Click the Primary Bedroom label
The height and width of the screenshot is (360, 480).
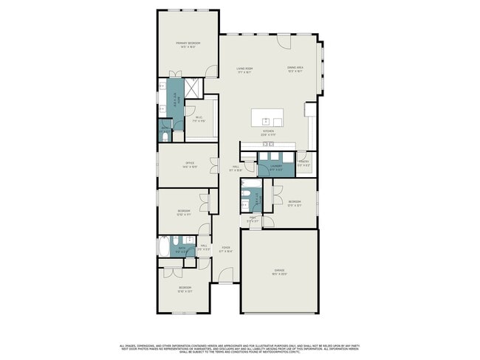pos(188,44)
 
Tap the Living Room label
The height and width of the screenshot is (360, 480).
pos(244,70)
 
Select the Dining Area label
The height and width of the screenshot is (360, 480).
pos(295,70)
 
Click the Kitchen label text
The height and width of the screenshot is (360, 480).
pos(268,134)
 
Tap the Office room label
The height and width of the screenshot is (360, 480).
pos(189,165)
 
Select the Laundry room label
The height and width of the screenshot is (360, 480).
pos(276,167)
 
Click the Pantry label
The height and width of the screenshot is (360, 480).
pos(304,164)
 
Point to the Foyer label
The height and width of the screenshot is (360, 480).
pos(226,249)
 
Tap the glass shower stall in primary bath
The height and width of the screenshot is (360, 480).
pos(193,88)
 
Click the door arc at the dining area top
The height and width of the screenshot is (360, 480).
pos(284,41)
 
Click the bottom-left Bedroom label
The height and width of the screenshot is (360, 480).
pos(185,288)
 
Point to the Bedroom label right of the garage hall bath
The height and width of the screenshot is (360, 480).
pos(294,203)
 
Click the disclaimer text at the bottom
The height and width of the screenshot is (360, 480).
pos(239,347)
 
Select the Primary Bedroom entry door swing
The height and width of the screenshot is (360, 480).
pos(212,72)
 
